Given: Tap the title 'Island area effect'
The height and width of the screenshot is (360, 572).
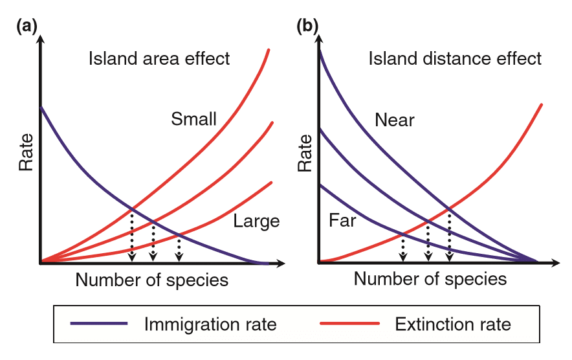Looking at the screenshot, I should [159, 59].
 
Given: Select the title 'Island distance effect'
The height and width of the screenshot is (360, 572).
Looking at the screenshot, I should [455, 59].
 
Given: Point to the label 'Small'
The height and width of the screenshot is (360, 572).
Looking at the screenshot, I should [193, 119].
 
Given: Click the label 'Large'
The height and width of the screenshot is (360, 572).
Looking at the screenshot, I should [256, 221].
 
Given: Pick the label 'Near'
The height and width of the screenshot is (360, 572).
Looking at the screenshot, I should [394, 120].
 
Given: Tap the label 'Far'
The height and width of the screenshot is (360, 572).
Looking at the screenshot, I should [343, 221].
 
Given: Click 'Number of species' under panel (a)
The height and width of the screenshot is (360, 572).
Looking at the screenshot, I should [152, 280].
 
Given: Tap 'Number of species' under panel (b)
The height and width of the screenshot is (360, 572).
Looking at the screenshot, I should [430, 280].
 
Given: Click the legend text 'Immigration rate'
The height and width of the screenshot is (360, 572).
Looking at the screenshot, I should [211, 324].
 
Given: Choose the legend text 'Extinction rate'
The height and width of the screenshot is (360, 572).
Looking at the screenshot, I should [454, 324].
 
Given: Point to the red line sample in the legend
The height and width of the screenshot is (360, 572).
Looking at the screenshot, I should [347, 324].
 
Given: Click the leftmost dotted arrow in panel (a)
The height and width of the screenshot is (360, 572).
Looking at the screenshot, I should [132, 236].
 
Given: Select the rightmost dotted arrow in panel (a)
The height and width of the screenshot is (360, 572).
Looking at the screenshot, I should [179, 247].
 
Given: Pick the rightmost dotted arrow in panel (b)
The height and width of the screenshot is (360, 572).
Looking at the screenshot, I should [450, 236].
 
